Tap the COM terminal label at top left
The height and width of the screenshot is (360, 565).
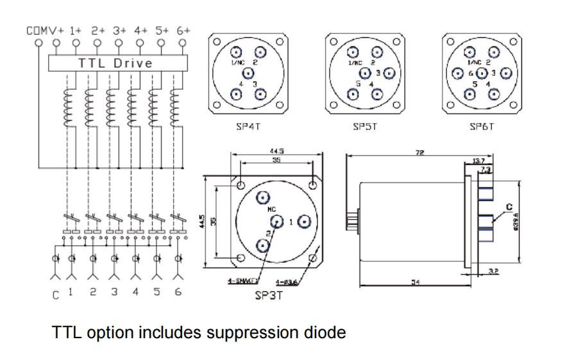click(x=35, y=30)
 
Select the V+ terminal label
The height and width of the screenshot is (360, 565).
click(x=56, y=30)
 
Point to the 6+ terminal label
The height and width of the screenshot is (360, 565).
click(x=182, y=30)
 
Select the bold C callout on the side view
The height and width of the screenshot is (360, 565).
click(x=509, y=207)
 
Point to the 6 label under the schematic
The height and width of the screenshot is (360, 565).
click(x=178, y=292)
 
